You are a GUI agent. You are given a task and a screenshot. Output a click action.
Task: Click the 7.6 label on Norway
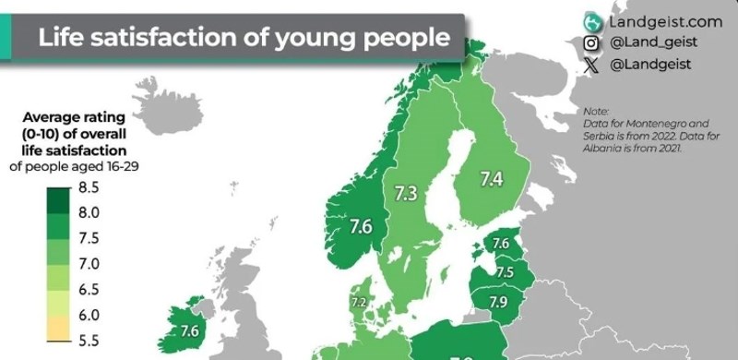[361, 224]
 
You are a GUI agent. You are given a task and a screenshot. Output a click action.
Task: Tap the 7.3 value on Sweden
[406, 194]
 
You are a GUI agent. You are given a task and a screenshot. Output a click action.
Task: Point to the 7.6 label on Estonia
[501, 244]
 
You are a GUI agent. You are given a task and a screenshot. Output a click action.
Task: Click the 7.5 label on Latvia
[505, 272]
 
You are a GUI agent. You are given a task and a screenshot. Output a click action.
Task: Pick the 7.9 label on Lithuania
[498, 302]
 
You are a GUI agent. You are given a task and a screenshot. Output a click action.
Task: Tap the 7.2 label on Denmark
[359, 302]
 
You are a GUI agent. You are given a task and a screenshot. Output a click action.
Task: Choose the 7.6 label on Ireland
[190, 330]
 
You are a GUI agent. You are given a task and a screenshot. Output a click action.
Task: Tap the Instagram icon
[591, 43]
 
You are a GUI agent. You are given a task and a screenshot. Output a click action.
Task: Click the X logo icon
[591, 65]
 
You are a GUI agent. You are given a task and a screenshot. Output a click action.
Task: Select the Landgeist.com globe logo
[592, 20]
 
